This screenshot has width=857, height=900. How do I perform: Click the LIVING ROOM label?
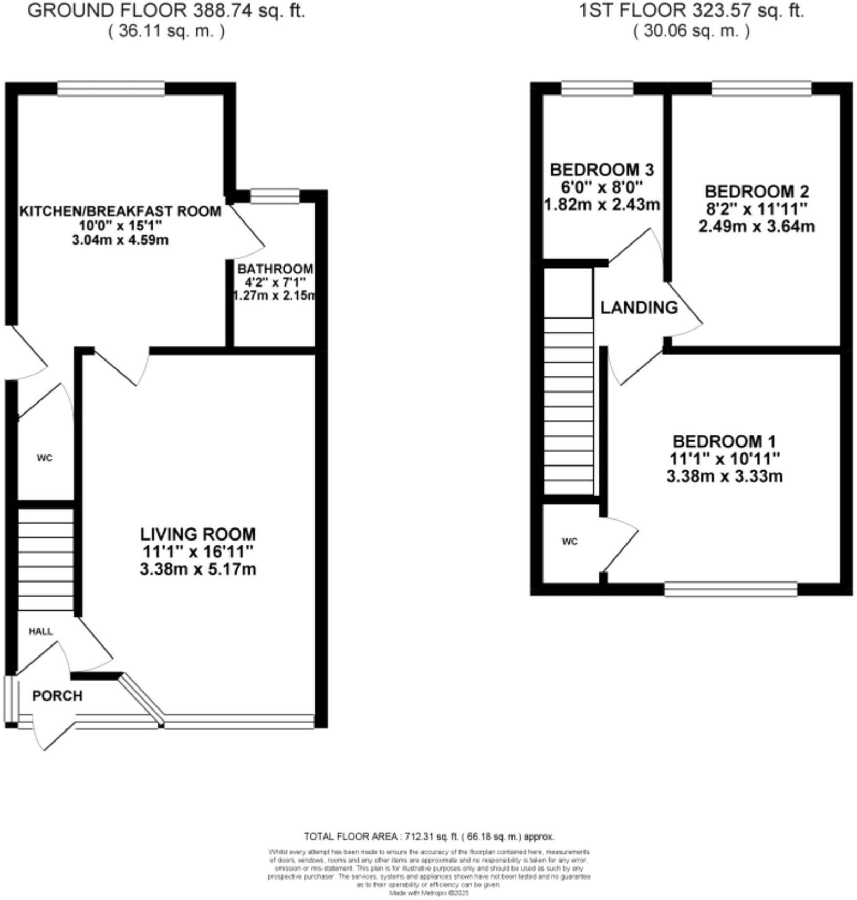[x=197, y=534]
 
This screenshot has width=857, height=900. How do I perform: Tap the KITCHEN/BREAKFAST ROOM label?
[x=120, y=211]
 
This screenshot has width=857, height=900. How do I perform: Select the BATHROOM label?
[x=275, y=269]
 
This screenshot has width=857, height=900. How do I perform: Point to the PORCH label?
[x=57, y=696]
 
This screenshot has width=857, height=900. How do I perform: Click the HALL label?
[x=40, y=631]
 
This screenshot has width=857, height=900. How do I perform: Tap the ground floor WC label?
[x=45, y=458]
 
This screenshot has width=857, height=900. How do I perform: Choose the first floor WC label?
[x=569, y=542]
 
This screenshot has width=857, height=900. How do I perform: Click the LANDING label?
[x=639, y=308]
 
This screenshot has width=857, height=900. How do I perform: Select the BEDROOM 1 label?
[x=724, y=441]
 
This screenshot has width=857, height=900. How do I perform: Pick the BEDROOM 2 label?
[x=756, y=191]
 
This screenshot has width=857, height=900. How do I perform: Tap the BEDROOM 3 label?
[x=602, y=170]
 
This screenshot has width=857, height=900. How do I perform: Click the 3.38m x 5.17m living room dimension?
[x=198, y=569]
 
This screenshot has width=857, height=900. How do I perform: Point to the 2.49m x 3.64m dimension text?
[x=756, y=227]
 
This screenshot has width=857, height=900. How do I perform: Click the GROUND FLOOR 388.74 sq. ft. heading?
[x=166, y=10]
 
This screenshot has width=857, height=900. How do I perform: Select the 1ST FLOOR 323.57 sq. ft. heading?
[x=691, y=10]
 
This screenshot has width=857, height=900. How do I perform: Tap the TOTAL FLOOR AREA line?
[x=428, y=837]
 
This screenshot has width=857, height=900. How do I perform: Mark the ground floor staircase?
[x=46, y=559]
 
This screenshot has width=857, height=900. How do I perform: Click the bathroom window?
[x=275, y=196]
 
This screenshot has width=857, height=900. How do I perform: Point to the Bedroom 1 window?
[x=730, y=589]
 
